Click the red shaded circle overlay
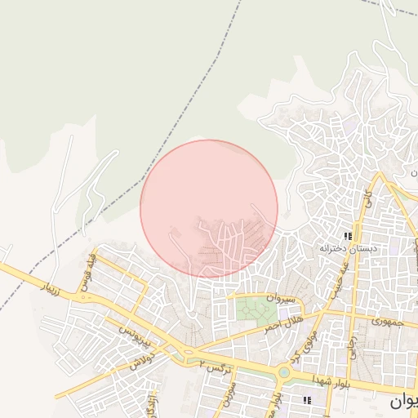(209, 208)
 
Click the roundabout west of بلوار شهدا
(284, 374)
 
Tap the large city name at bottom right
(403, 402)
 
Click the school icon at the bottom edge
(308, 399)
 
